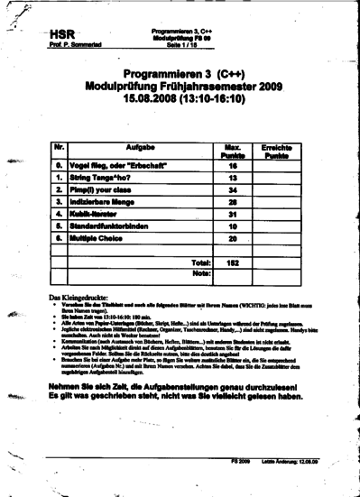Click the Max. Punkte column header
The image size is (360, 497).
[231, 151]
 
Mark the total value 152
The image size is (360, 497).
[232, 262]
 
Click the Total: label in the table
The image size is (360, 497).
[201, 262]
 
